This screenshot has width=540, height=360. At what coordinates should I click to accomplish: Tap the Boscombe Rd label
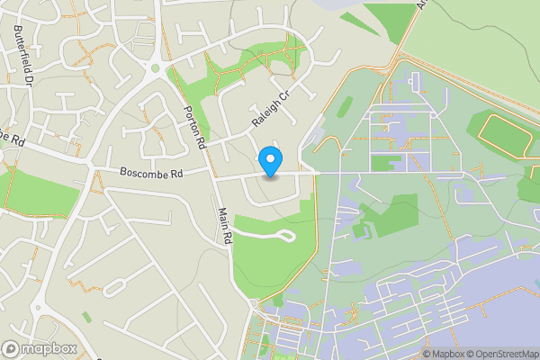[x=151, y=172]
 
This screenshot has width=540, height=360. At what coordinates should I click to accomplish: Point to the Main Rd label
[x=225, y=226]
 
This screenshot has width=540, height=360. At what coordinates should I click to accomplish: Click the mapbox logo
[x=40, y=348]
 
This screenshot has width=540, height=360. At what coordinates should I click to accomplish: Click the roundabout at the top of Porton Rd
[x=155, y=67]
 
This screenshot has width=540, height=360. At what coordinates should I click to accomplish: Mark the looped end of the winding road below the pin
[x=287, y=237]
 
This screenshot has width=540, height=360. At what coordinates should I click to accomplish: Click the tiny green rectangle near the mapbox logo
[x=85, y=317]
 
